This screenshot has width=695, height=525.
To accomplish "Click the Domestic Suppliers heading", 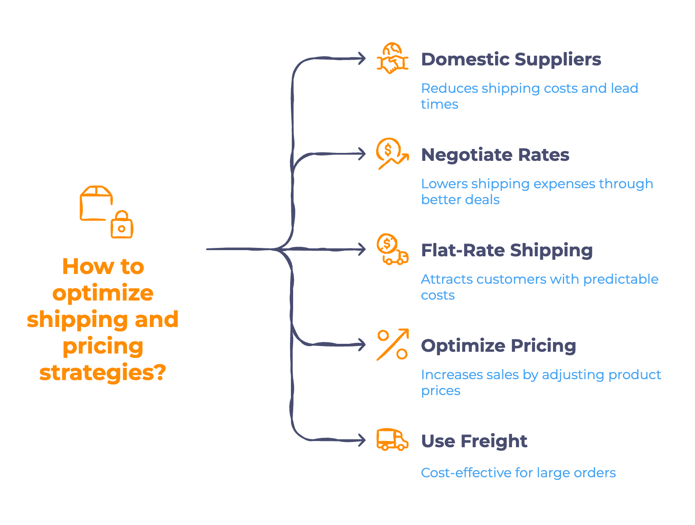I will pos(511,60).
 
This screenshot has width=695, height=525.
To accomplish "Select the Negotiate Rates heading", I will pos(495,155).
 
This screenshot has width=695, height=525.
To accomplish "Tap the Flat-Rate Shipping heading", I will pos(507,251).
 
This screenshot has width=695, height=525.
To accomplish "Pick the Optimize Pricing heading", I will pos(498,346).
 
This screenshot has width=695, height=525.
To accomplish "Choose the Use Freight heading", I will pos(474,441).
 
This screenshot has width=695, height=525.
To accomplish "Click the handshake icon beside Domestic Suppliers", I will pos(392,59).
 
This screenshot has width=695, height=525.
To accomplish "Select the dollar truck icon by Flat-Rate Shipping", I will pos(392,250).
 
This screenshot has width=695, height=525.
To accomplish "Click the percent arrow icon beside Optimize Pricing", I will pos(392,345).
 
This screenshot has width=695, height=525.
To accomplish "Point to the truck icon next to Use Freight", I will pos(392,440).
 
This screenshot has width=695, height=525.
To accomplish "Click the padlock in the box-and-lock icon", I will pos(122,226).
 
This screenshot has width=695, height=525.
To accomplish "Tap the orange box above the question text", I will pos(95,203).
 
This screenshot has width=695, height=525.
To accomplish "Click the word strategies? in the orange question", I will pos(103,373).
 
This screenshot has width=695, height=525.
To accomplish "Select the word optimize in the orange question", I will pos(103,293).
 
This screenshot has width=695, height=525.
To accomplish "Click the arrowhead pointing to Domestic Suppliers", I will pos(362,58).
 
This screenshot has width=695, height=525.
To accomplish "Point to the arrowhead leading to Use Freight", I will pos(362,440).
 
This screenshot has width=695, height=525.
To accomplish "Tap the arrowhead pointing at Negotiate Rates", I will pos(362,154).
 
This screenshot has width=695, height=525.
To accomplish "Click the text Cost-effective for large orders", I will pos(518,473).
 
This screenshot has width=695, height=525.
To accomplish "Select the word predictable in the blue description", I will pos(621,279).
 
